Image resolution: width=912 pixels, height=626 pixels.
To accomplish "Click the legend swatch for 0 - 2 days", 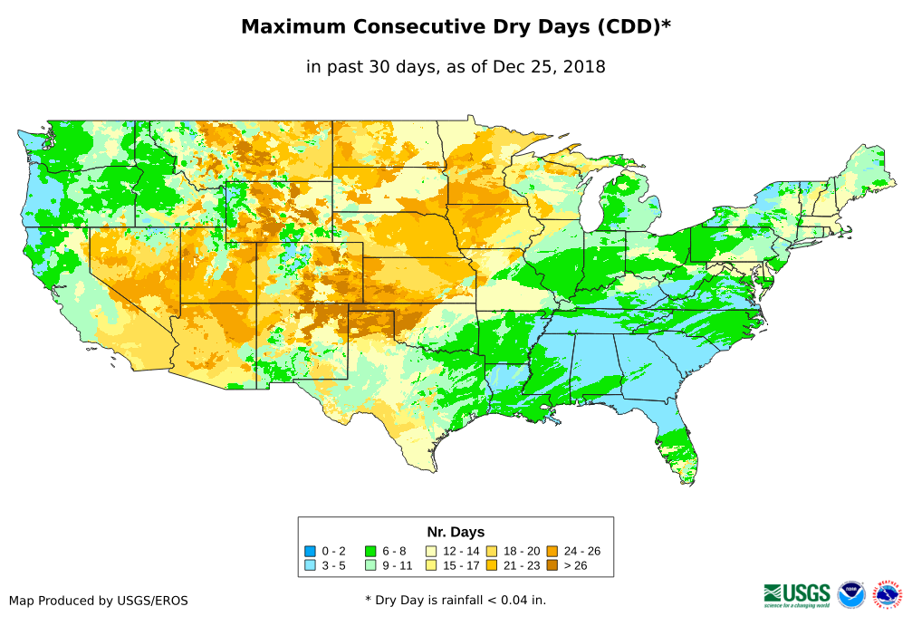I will (310, 551).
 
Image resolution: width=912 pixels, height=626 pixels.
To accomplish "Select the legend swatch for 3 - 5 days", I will (310, 565).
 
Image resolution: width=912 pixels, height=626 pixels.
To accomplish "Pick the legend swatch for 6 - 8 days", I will (370, 551).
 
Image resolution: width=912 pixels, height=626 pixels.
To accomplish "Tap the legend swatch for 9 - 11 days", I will (370, 565).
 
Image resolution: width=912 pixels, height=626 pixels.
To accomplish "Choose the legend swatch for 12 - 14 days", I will (431, 551).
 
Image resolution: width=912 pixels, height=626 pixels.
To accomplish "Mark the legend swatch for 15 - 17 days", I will (431, 565).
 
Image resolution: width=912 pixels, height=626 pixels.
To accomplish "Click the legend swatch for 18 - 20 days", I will (492, 551).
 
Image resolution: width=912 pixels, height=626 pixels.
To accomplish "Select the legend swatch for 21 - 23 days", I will (492, 565).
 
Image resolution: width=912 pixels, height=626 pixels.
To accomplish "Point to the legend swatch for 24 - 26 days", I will (552, 551).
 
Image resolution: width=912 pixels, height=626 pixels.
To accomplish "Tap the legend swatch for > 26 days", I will (552, 565).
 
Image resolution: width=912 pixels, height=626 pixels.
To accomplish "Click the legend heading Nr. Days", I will (456, 532).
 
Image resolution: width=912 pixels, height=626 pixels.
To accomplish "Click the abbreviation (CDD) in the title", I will (624, 27).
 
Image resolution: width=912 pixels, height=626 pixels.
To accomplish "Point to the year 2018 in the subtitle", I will (584, 66).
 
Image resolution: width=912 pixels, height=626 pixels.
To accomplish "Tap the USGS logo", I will (797, 594).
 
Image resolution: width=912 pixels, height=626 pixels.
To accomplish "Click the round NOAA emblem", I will (851, 594).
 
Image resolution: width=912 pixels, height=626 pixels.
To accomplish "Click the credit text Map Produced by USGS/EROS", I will (99, 601).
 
